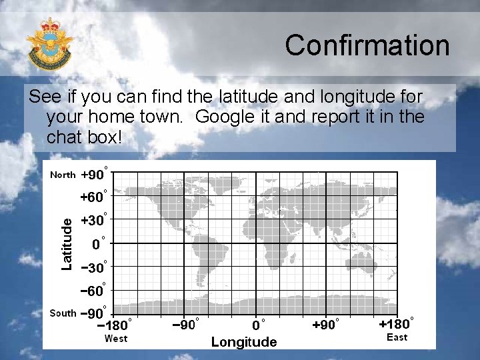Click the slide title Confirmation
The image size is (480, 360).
tap(367, 45)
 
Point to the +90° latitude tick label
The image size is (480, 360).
tap(94, 175)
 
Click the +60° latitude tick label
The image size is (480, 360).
tap(94, 197)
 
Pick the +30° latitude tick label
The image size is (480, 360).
tap(94, 221)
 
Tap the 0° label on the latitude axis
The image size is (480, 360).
tap(98, 244)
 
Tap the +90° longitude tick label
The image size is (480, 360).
tap(326, 325)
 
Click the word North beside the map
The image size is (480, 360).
tap(63, 175)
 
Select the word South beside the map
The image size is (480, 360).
tap(63, 313)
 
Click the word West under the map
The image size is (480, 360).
tap(116, 339)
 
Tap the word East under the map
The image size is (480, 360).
tap(397, 337)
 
